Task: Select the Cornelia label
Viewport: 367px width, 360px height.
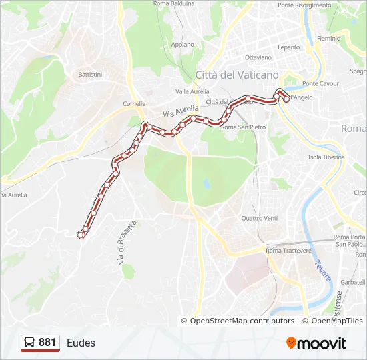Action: pos(134,104)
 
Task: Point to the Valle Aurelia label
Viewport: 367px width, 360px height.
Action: pos(192,91)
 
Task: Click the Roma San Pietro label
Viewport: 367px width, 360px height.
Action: pos(243,127)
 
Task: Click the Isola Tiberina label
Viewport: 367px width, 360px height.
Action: pos(326,157)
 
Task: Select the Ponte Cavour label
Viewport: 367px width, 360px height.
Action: pos(320,84)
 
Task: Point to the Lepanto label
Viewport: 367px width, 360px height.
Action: pos(289,47)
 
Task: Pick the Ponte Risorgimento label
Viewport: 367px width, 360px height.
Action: pos(304,5)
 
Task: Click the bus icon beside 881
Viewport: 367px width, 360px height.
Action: pos(29,343)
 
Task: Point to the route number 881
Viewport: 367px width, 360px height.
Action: pos(47,343)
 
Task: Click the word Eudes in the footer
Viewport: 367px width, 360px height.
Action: pos(81,343)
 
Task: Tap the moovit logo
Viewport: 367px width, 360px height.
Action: pos(316,343)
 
